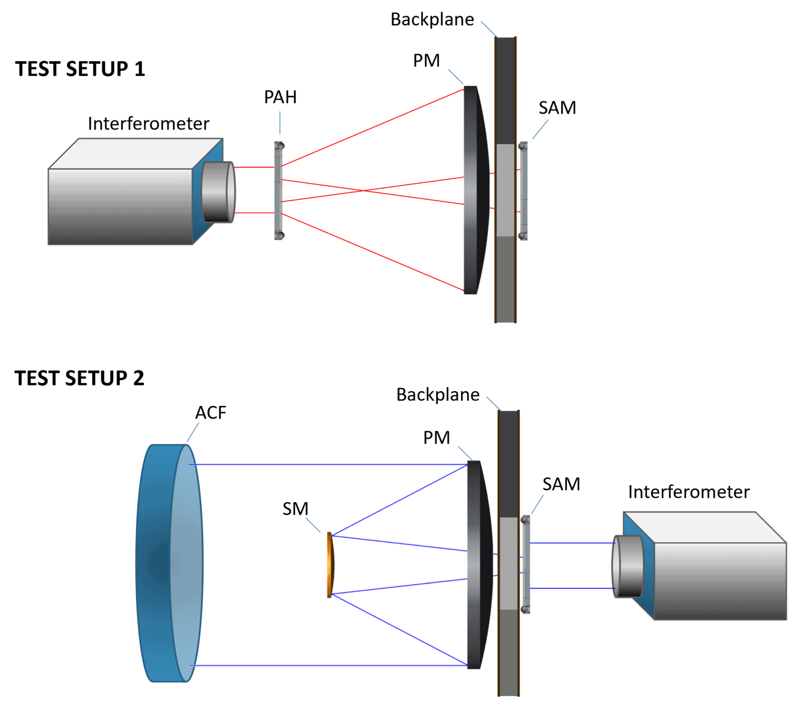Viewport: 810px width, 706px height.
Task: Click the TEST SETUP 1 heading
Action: (80, 69)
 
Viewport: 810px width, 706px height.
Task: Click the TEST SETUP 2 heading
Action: (79, 378)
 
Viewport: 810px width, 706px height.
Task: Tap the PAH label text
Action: (280, 97)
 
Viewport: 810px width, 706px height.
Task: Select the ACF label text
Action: (211, 412)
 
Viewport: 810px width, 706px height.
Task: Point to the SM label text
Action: (295, 509)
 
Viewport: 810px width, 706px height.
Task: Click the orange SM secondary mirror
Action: (331, 565)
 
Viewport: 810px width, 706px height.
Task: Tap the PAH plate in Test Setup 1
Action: (278, 191)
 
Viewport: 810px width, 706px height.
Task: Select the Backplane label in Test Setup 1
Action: (432, 19)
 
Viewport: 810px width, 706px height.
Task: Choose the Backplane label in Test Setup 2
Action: (438, 394)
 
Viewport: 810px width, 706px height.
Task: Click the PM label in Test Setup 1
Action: (426, 60)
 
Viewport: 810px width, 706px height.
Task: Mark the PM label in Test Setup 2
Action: (436, 437)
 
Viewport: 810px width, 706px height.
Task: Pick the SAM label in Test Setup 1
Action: (557, 108)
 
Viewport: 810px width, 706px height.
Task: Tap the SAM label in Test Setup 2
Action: (561, 484)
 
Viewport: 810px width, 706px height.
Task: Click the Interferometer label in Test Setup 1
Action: (148, 123)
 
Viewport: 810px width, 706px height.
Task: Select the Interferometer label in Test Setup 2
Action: (688, 492)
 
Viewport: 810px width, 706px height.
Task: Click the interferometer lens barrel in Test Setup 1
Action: (218, 192)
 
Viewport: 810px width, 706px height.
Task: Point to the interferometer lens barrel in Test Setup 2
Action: (628, 566)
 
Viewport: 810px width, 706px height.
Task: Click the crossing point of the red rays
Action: (363, 191)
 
